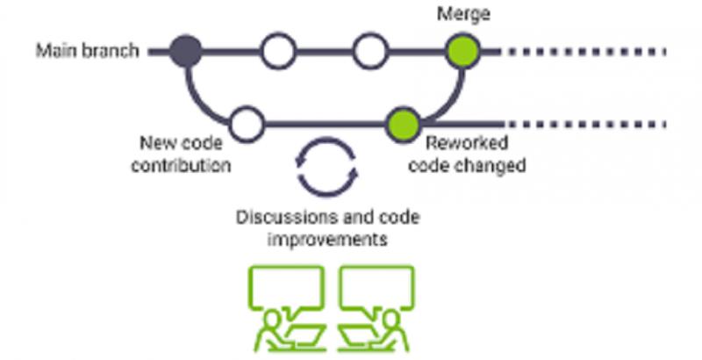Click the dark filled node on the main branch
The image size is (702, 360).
pos(186,51)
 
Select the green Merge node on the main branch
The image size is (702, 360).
pos(463,51)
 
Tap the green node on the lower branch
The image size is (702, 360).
pos(403,125)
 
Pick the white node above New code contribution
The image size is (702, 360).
pos(247,124)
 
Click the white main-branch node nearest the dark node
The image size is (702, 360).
pos(278,51)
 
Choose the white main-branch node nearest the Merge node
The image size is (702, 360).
pos(370,51)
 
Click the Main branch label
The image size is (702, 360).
pos(87,51)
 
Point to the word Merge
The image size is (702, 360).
pos(463,14)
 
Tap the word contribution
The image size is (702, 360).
pos(181,166)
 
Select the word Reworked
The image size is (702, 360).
pos(467,143)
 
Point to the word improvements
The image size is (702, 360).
pos(327,239)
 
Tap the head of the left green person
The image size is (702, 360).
pos(270,319)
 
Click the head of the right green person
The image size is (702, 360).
pos(391,319)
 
